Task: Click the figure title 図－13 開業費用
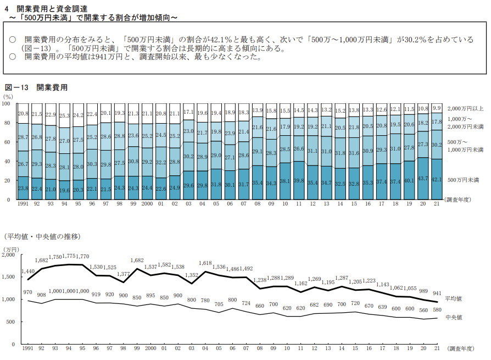tap(36, 87)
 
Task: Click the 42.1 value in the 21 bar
tap(437, 179)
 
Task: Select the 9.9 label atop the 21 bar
tap(437, 108)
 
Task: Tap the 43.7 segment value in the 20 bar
tap(423, 179)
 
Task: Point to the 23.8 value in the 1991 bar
tap(24, 187)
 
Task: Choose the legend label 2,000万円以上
tap(465, 108)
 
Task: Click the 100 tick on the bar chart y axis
tap(7, 103)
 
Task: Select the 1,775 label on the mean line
tap(68, 256)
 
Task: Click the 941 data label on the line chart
tap(437, 293)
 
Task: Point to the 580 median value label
tap(437, 310)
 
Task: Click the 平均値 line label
tap(454, 299)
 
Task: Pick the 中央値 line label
tap(454, 317)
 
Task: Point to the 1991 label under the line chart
tap(26, 348)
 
